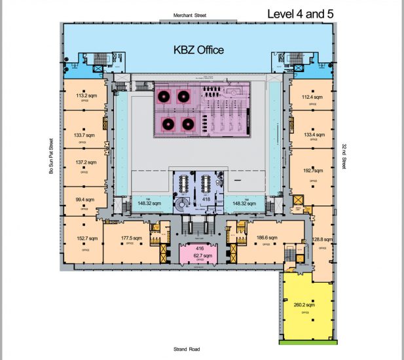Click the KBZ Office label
198,49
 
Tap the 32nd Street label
344,156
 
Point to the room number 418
205,198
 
